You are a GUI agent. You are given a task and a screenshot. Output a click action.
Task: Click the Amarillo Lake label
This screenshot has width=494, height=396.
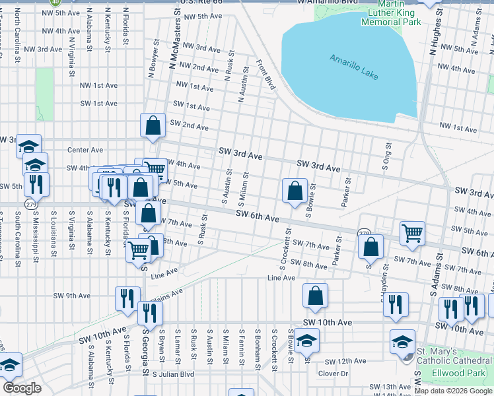click(355, 66)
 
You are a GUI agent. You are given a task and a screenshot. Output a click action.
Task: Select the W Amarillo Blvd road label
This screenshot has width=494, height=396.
click(327, 3)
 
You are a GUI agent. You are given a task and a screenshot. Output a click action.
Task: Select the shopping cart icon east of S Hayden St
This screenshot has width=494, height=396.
click(412, 232)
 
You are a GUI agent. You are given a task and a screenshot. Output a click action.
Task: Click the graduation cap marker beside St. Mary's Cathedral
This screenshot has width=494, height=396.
click(402, 341)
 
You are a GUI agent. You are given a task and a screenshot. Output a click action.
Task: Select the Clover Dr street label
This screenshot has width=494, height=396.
click(334, 373)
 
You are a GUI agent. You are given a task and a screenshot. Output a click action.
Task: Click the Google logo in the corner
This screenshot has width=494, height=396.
click(22, 388)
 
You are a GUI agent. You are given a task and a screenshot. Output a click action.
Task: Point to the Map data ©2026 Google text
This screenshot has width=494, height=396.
click(452, 391)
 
